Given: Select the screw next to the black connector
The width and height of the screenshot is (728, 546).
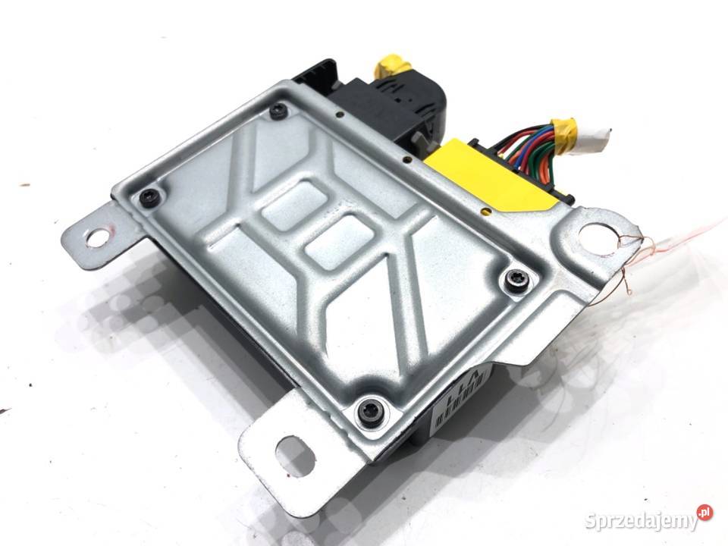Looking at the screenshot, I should click(278, 112).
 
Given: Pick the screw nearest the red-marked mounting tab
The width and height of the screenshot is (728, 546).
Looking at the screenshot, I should click(148, 197).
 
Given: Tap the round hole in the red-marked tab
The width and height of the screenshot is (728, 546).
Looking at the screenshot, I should click(97, 238).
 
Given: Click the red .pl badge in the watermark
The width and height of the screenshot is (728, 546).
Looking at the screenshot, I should click(704, 513).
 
